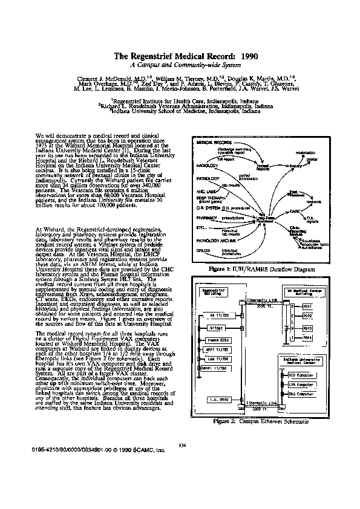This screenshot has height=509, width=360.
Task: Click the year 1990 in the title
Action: pos(249,56)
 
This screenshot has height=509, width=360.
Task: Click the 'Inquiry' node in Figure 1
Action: pos(295,165)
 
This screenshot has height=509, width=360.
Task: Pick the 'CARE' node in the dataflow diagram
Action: pos(295,211)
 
